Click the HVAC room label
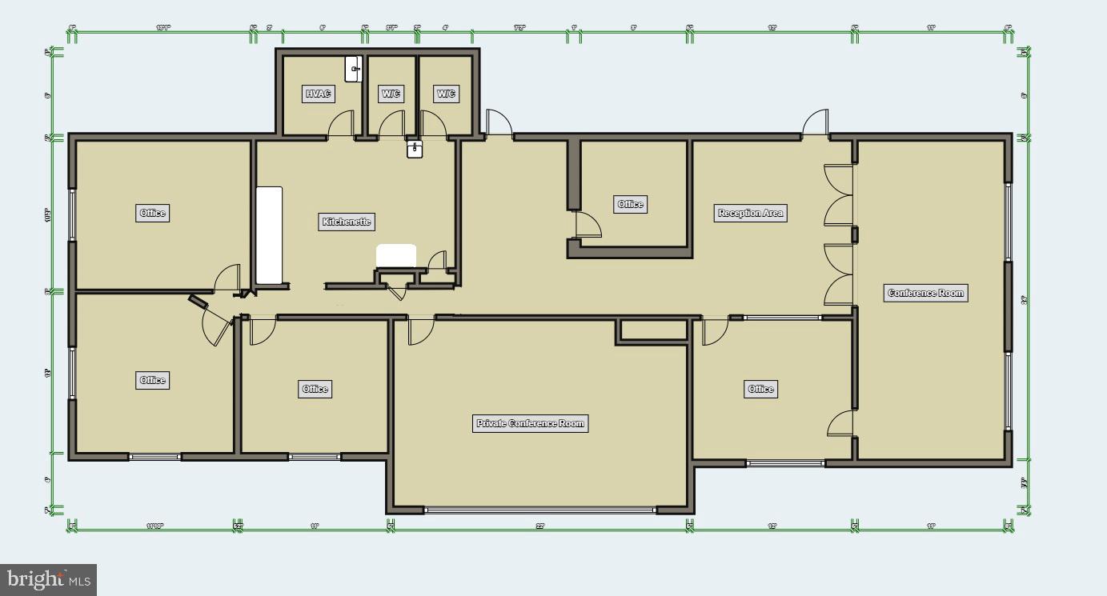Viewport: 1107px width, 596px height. [x=318, y=94]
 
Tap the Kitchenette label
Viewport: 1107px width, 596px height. [x=347, y=222]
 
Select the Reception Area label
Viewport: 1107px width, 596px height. [x=750, y=213]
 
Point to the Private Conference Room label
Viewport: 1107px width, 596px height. [x=530, y=423]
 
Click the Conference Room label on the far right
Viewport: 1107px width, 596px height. [x=925, y=293]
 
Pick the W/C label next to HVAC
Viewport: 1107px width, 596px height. [x=391, y=94]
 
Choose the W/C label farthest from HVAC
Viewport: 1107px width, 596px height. [x=446, y=94]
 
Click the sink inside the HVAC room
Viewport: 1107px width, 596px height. [x=354, y=69]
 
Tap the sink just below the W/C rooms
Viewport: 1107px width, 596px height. [x=414, y=149]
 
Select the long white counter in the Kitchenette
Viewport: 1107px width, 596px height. [x=269, y=235]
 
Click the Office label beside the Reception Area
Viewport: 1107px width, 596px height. [x=630, y=204]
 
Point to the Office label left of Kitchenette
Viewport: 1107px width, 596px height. [x=152, y=213]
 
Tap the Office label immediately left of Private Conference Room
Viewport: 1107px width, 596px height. [x=315, y=389]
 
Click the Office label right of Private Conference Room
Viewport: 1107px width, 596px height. [x=760, y=389]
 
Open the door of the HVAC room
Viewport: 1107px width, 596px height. [x=342, y=125]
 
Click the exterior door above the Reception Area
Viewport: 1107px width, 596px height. [x=816, y=124]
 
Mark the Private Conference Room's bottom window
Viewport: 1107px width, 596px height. [x=540, y=510]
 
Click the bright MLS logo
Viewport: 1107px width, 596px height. [x=48, y=579]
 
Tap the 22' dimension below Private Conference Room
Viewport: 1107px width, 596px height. [x=539, y=526]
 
